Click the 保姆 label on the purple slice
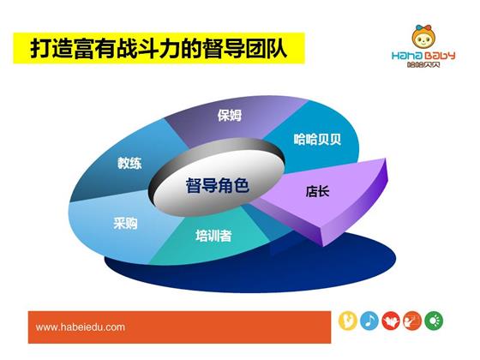(x=230, y=115)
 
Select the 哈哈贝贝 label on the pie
(x=317, y=139)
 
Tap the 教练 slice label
(x=129, y=163)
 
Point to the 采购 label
(x=125, y=223)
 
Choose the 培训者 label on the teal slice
(x=213, y=236)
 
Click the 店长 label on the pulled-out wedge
(x=317, y=192)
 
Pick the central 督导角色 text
(x=217, y=185)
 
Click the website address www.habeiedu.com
(x=81, y=327)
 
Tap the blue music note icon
(x=369, y=321)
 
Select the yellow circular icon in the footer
(x=348, y=321)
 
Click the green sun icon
(x=434, y=321)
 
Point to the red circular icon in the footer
(x=391, y=321)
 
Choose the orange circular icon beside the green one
(x=412, y=321)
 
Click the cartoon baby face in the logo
(x=423, y=38)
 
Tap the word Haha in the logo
(x=407, y=56)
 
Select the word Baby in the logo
(x=440, y=56)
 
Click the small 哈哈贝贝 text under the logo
(x=423, y=64)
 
